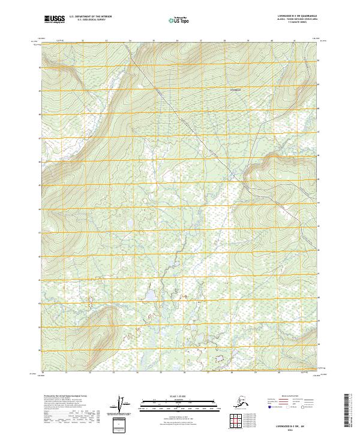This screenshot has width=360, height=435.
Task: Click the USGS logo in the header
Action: [x=54, y=20]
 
